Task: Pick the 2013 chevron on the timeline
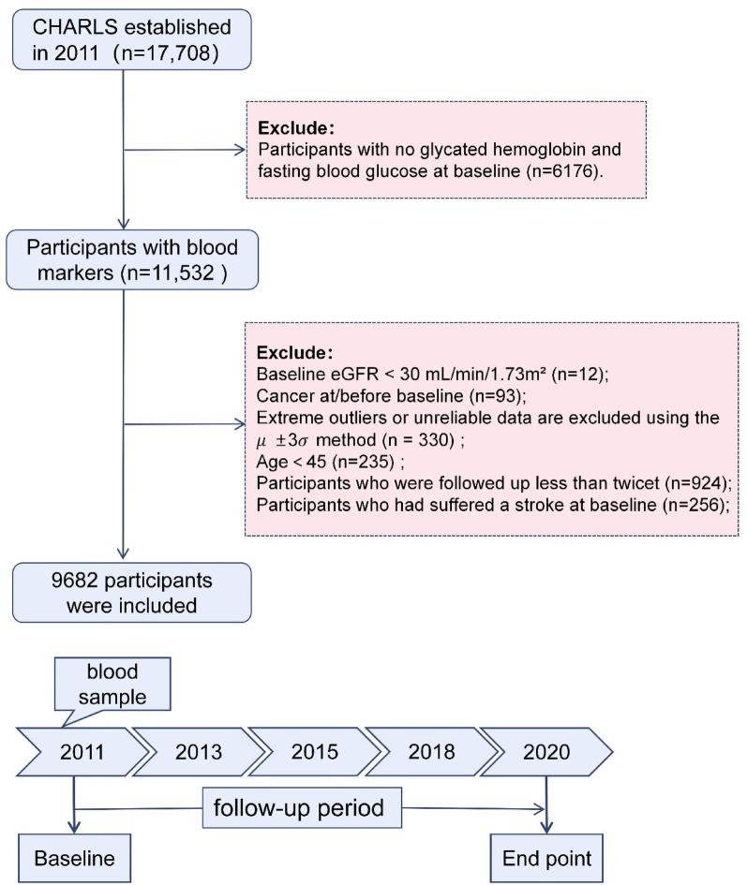[x=198, y=751]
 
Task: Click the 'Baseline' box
[x=72, y=858]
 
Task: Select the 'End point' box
[x=545, y=858]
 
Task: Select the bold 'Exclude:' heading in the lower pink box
[x=292, y=353]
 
